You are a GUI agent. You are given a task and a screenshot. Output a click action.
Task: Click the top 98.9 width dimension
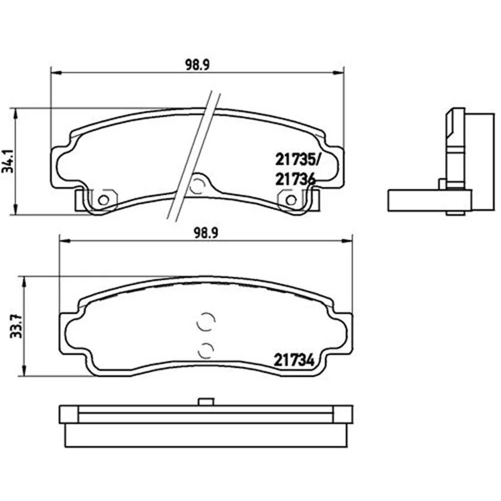pyautogui.click(x=197, y=65)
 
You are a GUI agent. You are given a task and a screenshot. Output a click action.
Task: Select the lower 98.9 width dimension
pyautogui.click(x=206, y=233)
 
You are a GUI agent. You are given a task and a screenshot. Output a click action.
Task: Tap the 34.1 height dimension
pyautogui.click(x=8, y=161)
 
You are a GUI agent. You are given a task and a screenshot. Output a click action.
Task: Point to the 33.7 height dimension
pyautogui.click(x=16, y=326)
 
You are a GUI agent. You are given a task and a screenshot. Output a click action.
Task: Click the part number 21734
pyautogui.click(x=294, y=361)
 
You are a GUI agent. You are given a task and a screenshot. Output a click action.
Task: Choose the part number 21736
pyautogui.click(x=295, y=179)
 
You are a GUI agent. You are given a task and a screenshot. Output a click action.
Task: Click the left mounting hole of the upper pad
pyautogui.click(x=103, y=200)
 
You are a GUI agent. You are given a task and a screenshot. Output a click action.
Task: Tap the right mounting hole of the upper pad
pyautogui.click(x=291, y=200)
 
